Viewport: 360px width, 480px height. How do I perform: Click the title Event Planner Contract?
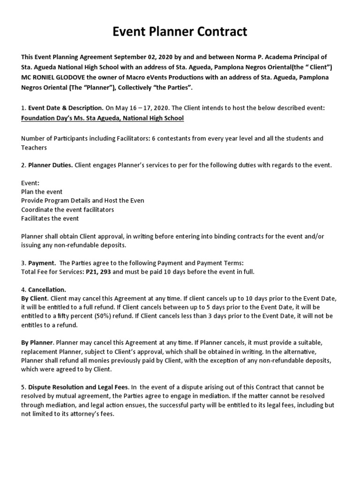click(x=180, y=32)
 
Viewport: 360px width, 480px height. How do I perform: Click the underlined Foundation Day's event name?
click(x=102, y=118)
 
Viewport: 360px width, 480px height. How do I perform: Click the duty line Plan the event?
click(x=42, y=192)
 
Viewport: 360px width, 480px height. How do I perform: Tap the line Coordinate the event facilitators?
click(x=67, y=210)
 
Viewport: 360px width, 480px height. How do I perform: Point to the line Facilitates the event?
click(x=50, y=218)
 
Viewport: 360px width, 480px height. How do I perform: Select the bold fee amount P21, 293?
click(x=98, y=272)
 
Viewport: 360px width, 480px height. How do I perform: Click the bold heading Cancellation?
click(x=47, y=290)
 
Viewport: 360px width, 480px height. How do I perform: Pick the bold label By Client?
click(x=35, y=298)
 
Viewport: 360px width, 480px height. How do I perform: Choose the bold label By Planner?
click(x=37, y=343)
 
